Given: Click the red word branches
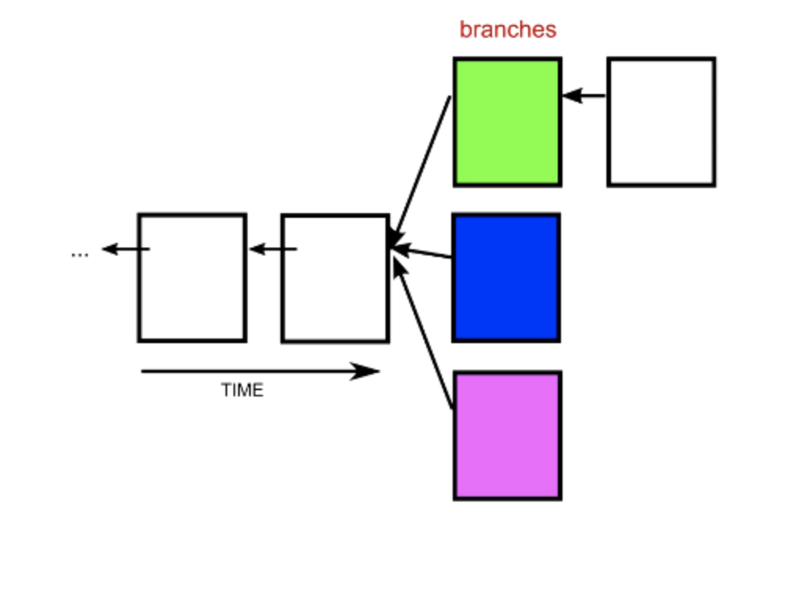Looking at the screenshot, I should coord(508,30).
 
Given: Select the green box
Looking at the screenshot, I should coord(508,122).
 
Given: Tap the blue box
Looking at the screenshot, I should coord(506,277).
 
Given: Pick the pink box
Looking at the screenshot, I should coord(508,436).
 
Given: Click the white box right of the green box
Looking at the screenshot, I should coord(661,122).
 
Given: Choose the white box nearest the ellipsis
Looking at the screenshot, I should coord(192,277).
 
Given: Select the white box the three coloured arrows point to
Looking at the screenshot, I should coord(335,278).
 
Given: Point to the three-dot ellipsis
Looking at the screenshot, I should coord(79,254).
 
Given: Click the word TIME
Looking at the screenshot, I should coord(242,390).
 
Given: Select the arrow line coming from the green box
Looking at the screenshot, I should coord(423,165).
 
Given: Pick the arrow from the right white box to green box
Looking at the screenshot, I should coord(585,96).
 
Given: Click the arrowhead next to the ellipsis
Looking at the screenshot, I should coord(110,250).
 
